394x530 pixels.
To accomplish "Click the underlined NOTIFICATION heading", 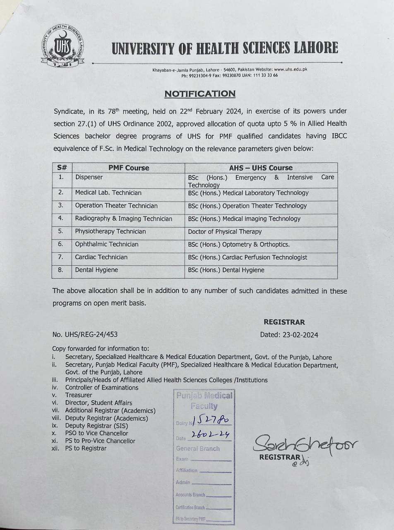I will [200, 94].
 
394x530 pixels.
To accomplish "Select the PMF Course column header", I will [128, 168].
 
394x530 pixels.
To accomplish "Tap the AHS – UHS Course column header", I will [261, 168].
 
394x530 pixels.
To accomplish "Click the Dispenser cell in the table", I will [89, 177].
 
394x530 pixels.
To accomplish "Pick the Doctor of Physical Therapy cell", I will [225, 231].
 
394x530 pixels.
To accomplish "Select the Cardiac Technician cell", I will [101, 257].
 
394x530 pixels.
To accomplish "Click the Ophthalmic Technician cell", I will [106, 244].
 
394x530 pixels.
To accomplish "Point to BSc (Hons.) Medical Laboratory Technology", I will [248, 193].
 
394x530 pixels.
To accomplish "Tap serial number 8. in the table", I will [61, 270].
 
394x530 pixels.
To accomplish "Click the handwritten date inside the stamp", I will [210, 435].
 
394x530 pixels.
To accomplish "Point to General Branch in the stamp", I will [198, 448].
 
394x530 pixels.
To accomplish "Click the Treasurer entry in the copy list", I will [79, 395].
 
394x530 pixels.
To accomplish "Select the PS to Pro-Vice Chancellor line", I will [100, 441].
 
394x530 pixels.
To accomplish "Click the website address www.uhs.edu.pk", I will [291, 70].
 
